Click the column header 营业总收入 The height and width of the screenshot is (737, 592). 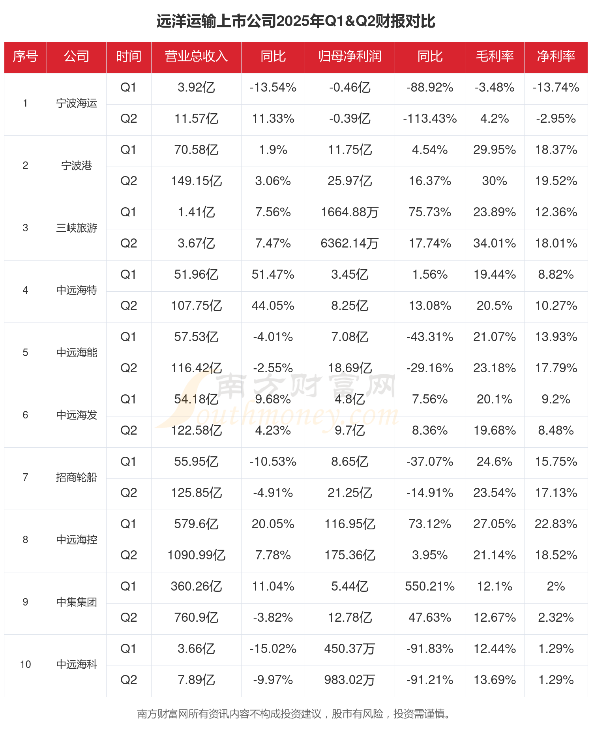pyautogui.click(x=196, y=56)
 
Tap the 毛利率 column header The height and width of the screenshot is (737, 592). pyautogui.click(x=495, y=56)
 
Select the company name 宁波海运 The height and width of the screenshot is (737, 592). pyautogui.click(x=77, y=103)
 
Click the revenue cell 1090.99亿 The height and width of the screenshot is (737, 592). pyautogui.click(x=196, y=555)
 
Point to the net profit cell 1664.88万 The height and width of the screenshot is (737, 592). pyautogui.click(x=350, y=212)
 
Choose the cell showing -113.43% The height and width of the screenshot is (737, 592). pyautogui.click(x=430, y=118)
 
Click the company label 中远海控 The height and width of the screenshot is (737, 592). pyautogui.click(x=77, y=540)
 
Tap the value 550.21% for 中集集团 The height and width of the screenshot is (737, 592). pyautogui.click(x=430, y=586)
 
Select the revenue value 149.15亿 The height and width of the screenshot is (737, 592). pyautogui.click(x=196, y=181)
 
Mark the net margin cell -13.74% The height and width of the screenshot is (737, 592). pyautogui.click(x=556, y=87)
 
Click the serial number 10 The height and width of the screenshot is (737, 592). pyautogui.click(x=25, y=664)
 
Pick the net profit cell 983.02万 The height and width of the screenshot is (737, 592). pyautogui.click(x=350, y=680)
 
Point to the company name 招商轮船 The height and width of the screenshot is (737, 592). pyautogui.click(x=77, y=477)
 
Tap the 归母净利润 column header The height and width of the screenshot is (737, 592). pyautogui.click(x=350, y=56)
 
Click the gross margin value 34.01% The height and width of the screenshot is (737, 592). pyautogui.click(x=495, y=244)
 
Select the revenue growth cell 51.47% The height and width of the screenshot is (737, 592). pyautogui.click(x=273, y=275)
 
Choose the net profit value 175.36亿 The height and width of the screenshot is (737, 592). pyautogui.click(x=350, y=555)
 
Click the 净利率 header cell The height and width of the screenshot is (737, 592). pyautogui.click(x=556, y=56)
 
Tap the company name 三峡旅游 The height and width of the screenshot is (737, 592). pyautogui.click(x=77, y=228)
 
